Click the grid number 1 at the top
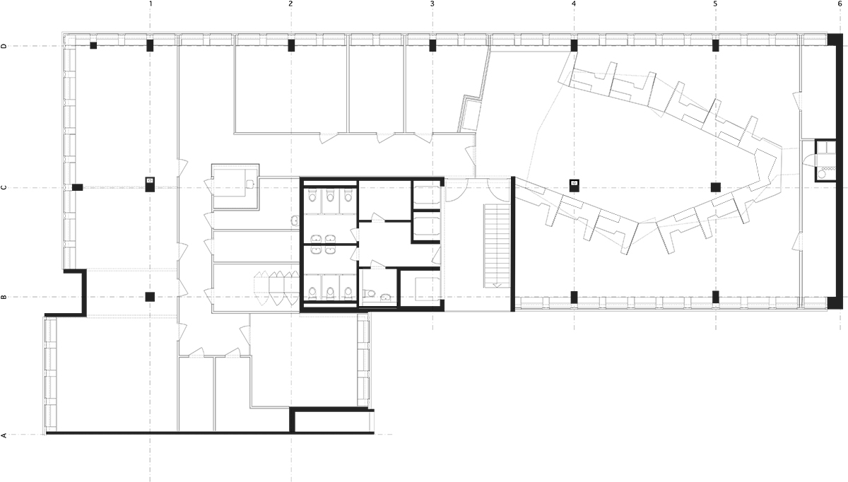tap(151, 4)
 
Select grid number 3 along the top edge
tap(432, 4)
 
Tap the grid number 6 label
tap(840, 4)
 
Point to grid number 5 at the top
tap(715, 4)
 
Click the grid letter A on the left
tap(4, 435)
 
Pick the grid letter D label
tap(4, 46)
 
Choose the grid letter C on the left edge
tap(4, 188)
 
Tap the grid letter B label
tap(4, 298)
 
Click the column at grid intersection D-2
tap(291, 45)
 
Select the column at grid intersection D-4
tap(574, 45)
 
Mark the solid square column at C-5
tap(715, 187)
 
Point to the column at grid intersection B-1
tap(150, 297)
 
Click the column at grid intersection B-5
tap(715, 297)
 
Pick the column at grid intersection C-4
tap(575, 185)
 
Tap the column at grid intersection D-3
tap(432, 45)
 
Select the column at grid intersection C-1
tap(150, 184)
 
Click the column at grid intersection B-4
tap(574, 297)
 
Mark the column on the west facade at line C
tap(78, 187)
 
